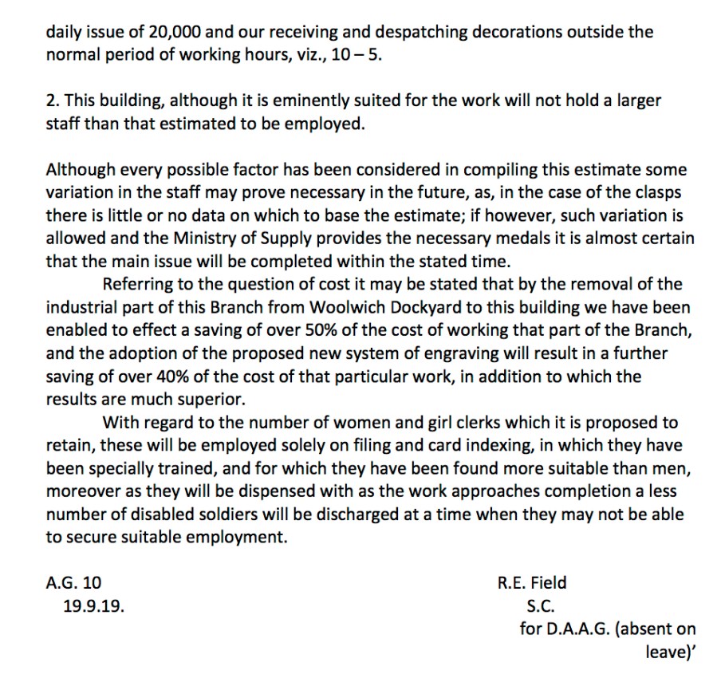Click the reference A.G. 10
click(73, 583)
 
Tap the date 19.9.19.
click(93, 606)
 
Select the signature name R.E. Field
click(532, 583)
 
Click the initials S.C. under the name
click(541, 606)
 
